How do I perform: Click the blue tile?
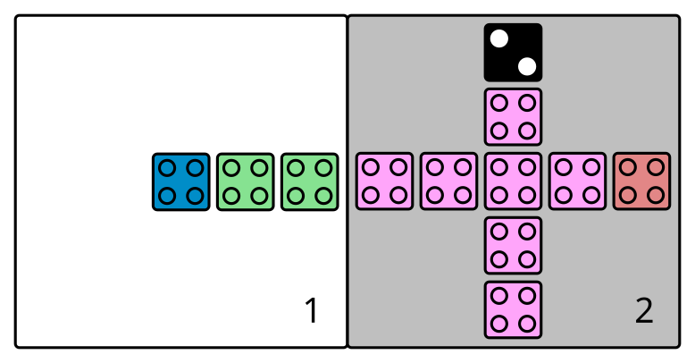(x=181, y=181)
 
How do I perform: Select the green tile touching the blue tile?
(x=246, y=181)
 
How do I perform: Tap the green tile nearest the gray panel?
(x=310, y=181)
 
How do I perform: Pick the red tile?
(x=641, y=181)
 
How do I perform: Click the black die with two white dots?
(x=513, y=52)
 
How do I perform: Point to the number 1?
(x=311, y=311)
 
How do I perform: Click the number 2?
(x=644, y=311)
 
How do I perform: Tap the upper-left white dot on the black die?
(x=499, y=38)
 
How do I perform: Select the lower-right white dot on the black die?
(x=527, y=65)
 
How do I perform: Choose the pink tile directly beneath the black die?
(x=513, y=116)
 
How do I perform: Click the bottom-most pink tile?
(x=513, y=309)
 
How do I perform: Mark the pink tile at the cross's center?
(x=513, y=181)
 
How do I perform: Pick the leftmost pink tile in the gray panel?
(x=384, y=181)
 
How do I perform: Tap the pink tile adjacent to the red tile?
(x=577, y=181)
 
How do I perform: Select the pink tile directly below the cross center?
(x=513, y=245)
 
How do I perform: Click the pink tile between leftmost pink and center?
(x=448, y=181)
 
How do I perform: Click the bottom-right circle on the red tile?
(x=656, y=195)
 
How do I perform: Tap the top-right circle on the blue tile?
(x=195, y=168)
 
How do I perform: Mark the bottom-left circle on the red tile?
(x=628, y=195)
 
